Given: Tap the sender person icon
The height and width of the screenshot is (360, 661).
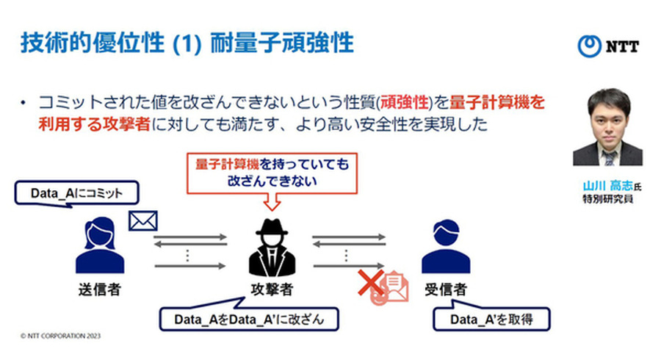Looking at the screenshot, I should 98,246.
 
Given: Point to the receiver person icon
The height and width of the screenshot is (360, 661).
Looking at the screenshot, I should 446,247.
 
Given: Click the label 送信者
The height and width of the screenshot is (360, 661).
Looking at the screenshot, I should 98,288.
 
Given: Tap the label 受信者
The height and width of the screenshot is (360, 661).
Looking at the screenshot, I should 446,288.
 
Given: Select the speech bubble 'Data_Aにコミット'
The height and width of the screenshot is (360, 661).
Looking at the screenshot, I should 76,193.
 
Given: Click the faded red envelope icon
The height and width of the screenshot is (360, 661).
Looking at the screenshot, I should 393,287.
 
